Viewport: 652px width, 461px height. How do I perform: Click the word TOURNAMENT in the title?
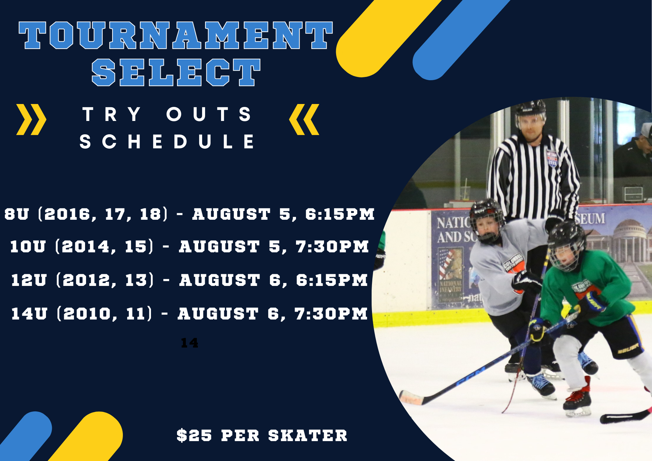pyautogui.click(x=176, y=35)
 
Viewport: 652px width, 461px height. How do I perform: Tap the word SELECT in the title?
pyautogui.click(x=176, y=72)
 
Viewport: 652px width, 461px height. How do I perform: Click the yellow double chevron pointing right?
pyautogui.click(x=31, y=119)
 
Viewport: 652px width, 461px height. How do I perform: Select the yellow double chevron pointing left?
pyautogui.click(x=304, y=119)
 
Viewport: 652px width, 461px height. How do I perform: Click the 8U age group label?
pyautogui.click(x=17, y=214)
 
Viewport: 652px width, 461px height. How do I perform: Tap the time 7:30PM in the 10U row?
pyautogui.click(x=332, y=246)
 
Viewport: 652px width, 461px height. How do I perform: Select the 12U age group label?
pyautogui.click(x=29, y=280)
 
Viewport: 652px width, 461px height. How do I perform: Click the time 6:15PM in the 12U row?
pyautogui.click(x=332, y=280)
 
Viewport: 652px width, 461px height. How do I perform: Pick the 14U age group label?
pyautogui.click(x=29, y=314)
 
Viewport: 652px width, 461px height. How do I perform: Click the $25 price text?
pyautogui.click(x=194, y=436)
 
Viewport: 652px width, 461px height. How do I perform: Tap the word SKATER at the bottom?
pyautogui.click(x=308, y=436)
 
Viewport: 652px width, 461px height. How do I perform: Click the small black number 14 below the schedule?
pyautogui.click(x=189, y=343)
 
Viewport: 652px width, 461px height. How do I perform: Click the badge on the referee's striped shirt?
pyautogui.click(x=552, y=158)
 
